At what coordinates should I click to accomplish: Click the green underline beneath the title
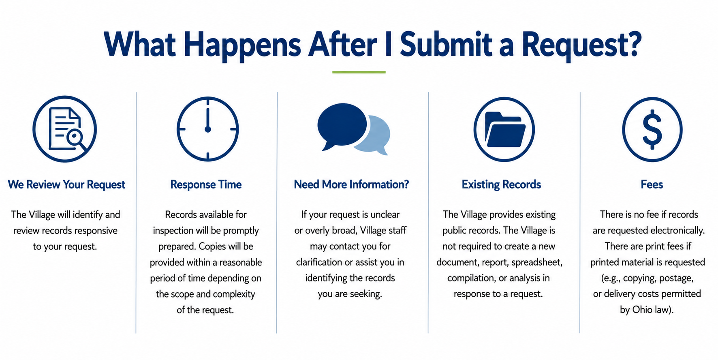[359, 72]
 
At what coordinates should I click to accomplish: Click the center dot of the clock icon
[208, 129]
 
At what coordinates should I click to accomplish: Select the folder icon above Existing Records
[504, 129]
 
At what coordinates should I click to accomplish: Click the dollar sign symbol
[652, 129]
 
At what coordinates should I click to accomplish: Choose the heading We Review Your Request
[66, 185]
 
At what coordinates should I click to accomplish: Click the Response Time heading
[206, 185]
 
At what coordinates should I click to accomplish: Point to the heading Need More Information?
[351, 185]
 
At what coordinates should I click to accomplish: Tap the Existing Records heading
[501, 185]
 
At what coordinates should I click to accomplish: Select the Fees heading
[652, 185]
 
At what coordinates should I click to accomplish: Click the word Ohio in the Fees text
[642, 310]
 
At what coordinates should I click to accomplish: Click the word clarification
[319, 262]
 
